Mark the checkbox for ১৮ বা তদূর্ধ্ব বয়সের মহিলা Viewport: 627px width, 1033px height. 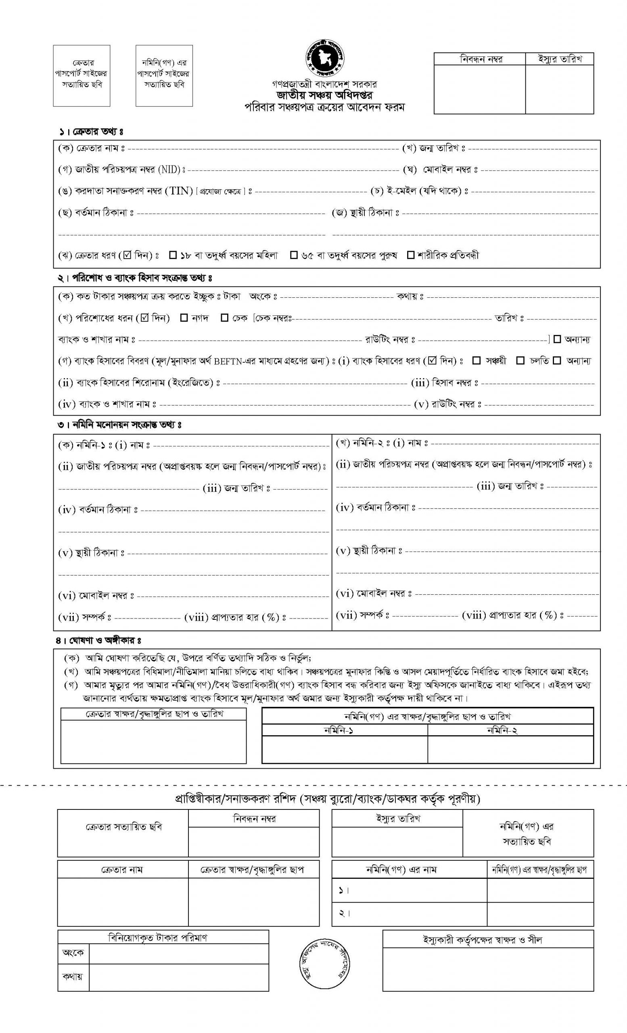tap(173, 255)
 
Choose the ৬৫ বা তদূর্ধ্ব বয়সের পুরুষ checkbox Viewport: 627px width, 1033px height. tap(294, 255)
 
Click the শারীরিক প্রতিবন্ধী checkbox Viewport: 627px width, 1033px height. tap(411, 255)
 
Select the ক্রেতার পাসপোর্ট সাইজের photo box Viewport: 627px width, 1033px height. tap(82, 75)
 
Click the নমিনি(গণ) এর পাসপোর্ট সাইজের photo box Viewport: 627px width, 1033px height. tap(164, 75)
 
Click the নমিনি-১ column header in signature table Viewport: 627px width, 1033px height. tap(344, 730)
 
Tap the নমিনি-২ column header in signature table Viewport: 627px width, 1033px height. tap(510, 730)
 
